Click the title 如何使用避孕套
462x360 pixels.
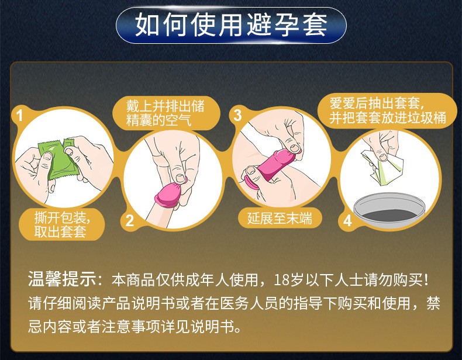click(231, 25)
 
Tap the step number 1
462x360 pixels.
click(19, 115)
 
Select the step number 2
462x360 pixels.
click(130, 221)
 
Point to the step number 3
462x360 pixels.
click(237, 115)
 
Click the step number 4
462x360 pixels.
click(348, 220)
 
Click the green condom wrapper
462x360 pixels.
click(58, 160)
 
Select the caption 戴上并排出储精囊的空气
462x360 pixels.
click(166, 113)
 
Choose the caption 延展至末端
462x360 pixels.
click(280, 218)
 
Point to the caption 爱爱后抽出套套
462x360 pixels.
click(375, 103)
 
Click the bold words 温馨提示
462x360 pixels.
click(62, 278)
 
